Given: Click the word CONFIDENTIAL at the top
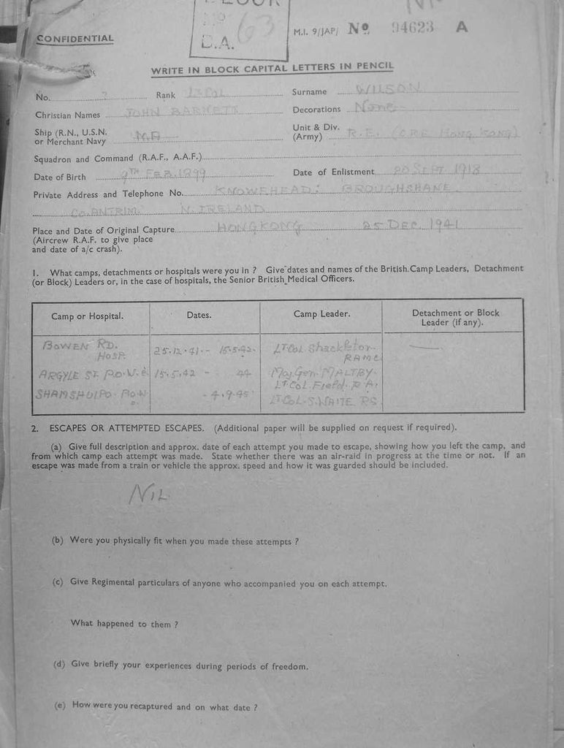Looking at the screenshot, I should pos(75,39).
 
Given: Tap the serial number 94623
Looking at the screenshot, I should pos(413,27).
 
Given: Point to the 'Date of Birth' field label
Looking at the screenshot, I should pos(60,177).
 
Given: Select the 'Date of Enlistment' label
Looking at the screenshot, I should pos(333,172).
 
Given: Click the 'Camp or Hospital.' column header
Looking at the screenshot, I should pos(87,316).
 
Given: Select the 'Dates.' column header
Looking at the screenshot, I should pos(199,316).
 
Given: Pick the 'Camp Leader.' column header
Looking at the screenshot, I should pos(321,314).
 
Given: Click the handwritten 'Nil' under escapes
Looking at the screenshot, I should pos(148,495).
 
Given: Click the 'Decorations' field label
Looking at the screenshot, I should pos(317,110).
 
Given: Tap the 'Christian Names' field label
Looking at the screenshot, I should pos(66,115).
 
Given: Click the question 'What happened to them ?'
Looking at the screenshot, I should pos(124,624).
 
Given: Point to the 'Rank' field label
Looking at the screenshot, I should pos(166,95).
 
